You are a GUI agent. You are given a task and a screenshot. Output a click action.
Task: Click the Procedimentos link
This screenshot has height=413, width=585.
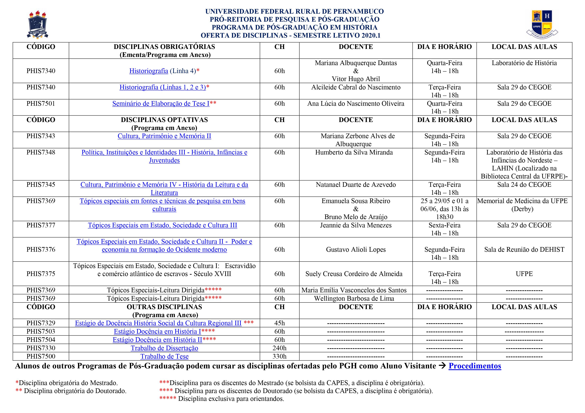pos(475,366)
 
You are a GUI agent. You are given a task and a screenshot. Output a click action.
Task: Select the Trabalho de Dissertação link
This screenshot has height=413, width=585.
pos(164,348)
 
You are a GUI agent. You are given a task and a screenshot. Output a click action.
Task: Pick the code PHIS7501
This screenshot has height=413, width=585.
pos(41,104)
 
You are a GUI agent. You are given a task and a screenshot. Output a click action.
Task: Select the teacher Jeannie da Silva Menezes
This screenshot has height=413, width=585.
pos(356,225)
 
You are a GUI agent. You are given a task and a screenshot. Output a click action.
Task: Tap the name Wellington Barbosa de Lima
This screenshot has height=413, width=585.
pos(354,298)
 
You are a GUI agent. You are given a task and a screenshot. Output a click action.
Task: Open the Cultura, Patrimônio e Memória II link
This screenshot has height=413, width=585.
pos(164,136)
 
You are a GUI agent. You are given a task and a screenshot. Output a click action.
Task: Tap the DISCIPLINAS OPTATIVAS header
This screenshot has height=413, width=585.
pos(164,120)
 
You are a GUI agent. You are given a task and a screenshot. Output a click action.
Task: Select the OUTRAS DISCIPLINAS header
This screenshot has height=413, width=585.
pos(164,307)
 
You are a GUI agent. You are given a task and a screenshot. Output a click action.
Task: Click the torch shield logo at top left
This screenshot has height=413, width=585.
pos(38,25)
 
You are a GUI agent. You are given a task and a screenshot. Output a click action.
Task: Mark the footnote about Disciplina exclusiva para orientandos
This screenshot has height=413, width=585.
pos(222,399)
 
